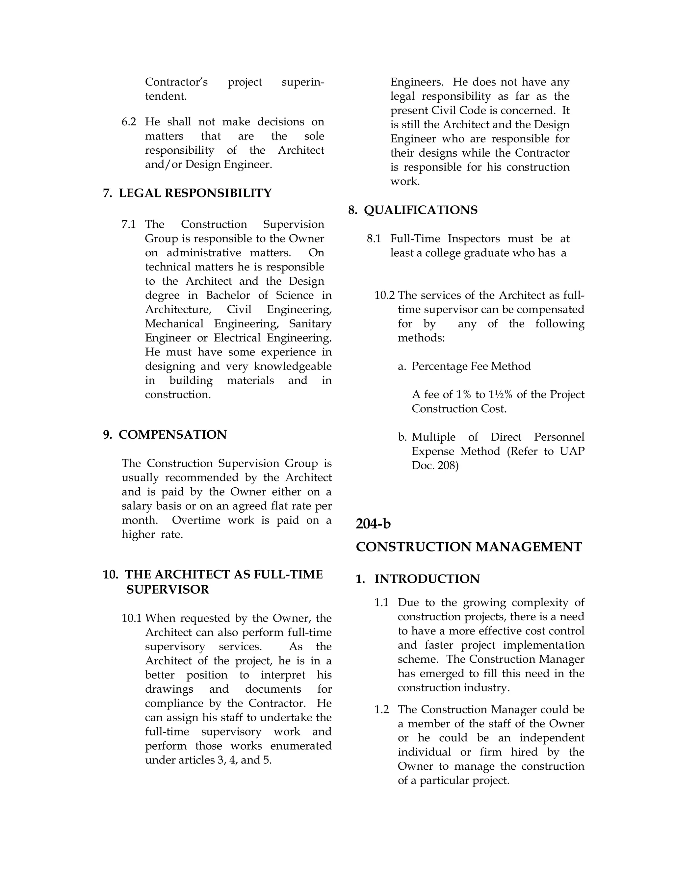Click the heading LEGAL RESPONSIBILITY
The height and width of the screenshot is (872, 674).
[x=195, y=193]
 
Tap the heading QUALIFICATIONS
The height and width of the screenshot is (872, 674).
[x=421, y=210]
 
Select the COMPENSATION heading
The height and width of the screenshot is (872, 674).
[x=172, y=435]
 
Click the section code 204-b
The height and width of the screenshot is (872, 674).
[x=373, y=524]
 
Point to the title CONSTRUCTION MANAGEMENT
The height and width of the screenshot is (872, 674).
[x=469, y=547]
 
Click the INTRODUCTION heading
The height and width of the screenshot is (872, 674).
[x=427, y=579]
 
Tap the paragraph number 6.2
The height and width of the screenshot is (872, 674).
[x=129, y=122]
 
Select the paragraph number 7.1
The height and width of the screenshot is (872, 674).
[x=129, y=224]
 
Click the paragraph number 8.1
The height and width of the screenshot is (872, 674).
[x=374, y=239]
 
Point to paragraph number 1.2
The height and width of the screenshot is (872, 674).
[x=381, y=709]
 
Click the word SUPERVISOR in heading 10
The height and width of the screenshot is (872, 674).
[x=168, y=590]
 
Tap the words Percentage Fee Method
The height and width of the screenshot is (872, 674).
[x=471, y=366]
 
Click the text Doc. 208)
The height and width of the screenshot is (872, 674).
[x=435, y=466]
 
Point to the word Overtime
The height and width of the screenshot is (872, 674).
[x=196, y=520]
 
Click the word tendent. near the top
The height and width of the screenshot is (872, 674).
[x=166, y=96]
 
